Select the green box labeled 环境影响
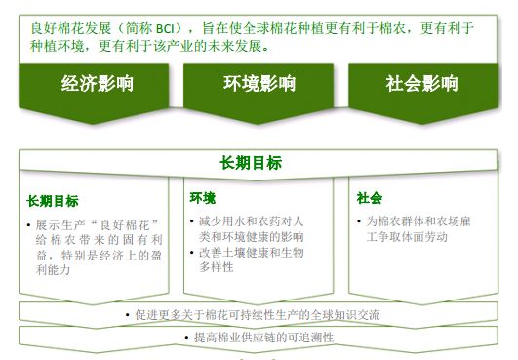[x=258, y=84]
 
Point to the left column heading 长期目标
[x=53, y=201]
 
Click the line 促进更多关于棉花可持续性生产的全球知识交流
[x=259, y=315]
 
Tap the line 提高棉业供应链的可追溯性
[x=259, y=337]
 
